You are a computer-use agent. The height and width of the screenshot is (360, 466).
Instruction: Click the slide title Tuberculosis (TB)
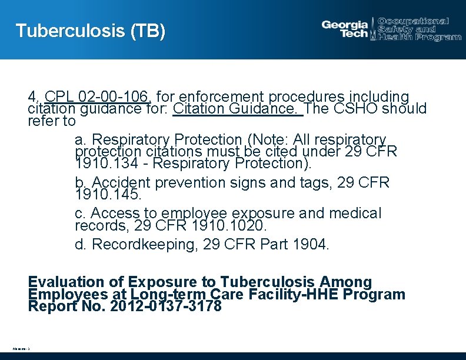tap(90, 31)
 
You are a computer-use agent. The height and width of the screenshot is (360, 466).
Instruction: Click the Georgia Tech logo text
tap(345, 29)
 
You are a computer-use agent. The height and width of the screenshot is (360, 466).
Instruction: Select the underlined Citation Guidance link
tap(238, 109)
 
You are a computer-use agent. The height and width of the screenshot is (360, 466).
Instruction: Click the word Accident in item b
tap(121, 182)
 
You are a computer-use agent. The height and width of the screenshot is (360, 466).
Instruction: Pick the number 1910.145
tap(108, 194)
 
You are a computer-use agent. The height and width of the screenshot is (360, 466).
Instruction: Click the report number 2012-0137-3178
tap(166, 306)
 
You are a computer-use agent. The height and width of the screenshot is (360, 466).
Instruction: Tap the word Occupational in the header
tap(414, 21)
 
